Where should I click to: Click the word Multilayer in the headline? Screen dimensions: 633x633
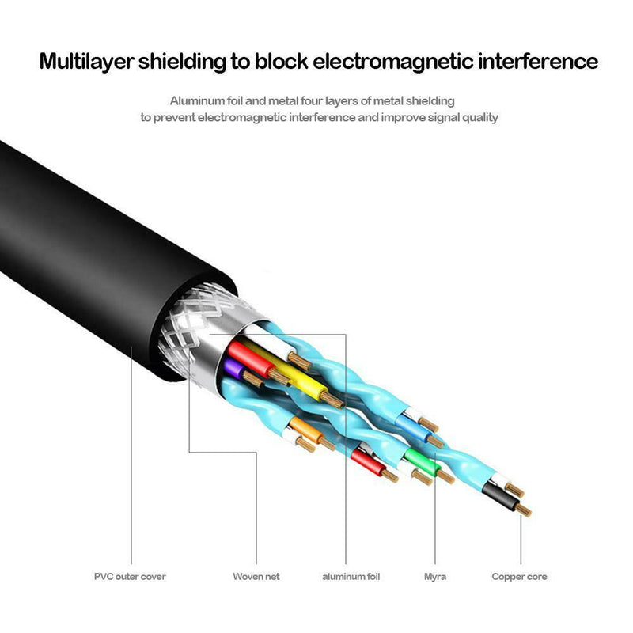click(87, 61)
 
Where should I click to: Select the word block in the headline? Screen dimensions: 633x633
click(282, 61)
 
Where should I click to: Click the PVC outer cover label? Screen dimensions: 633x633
click(130, 577)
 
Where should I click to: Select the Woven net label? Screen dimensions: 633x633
click(256, 577)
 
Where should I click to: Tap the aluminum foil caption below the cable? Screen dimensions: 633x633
click(351, 577)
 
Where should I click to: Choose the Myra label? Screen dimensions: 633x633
click(435, 577)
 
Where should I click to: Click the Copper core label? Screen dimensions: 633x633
click(519, 577)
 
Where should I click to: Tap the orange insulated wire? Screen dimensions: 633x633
click(304, 429)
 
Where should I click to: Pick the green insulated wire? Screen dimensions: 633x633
click(415, 459)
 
